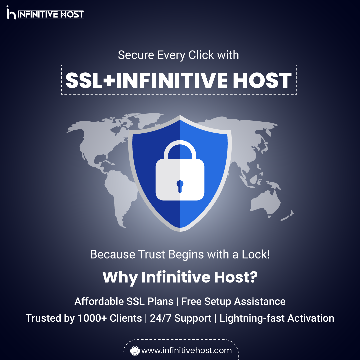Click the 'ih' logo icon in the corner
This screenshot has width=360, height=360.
click(x=11, y=13)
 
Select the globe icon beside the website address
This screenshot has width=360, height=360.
click(x=135, y=351)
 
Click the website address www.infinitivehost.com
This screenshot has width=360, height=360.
click(x=186, y=350)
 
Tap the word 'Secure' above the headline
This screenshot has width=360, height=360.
click(x=136, y=55)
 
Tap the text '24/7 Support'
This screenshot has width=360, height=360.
click(x=180, y=318)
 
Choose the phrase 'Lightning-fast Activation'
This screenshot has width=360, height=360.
click(x=277, y=318)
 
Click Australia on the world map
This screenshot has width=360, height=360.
click(x=265, y=202)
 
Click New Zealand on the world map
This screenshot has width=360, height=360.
click(x=287, y=216)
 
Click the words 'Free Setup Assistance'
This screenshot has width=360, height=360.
click(x=233, y=301)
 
